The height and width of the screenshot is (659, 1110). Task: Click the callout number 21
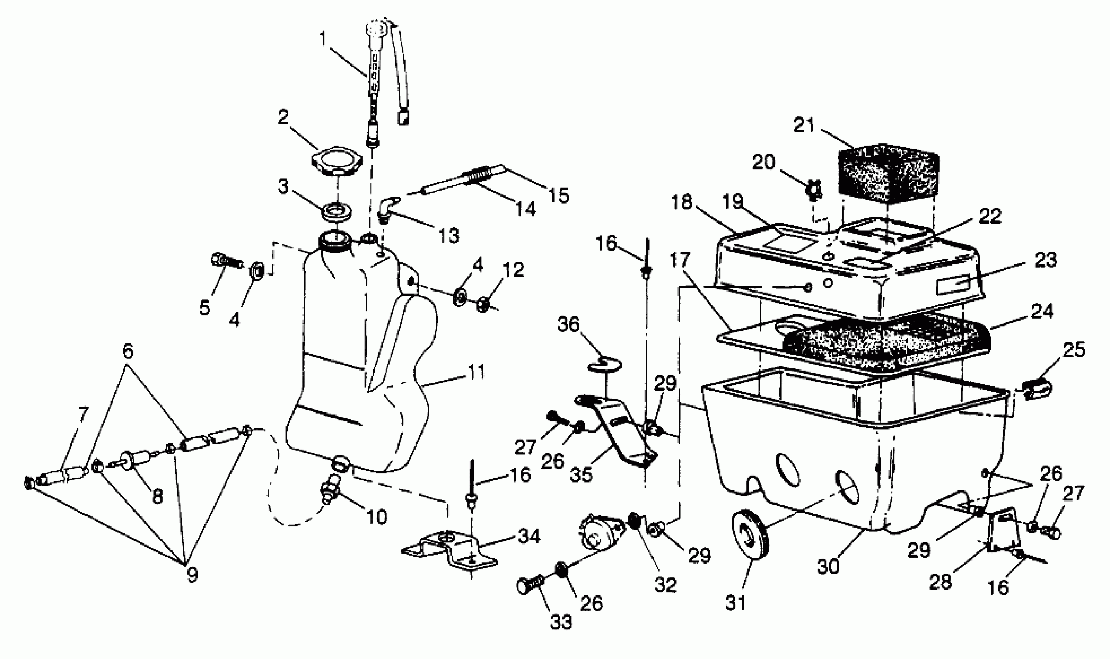804,126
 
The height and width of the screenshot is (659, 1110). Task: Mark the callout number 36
568,324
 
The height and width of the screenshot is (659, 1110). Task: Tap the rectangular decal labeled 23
951,285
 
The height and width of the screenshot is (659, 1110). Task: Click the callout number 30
828,567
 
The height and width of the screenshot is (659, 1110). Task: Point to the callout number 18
681,202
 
